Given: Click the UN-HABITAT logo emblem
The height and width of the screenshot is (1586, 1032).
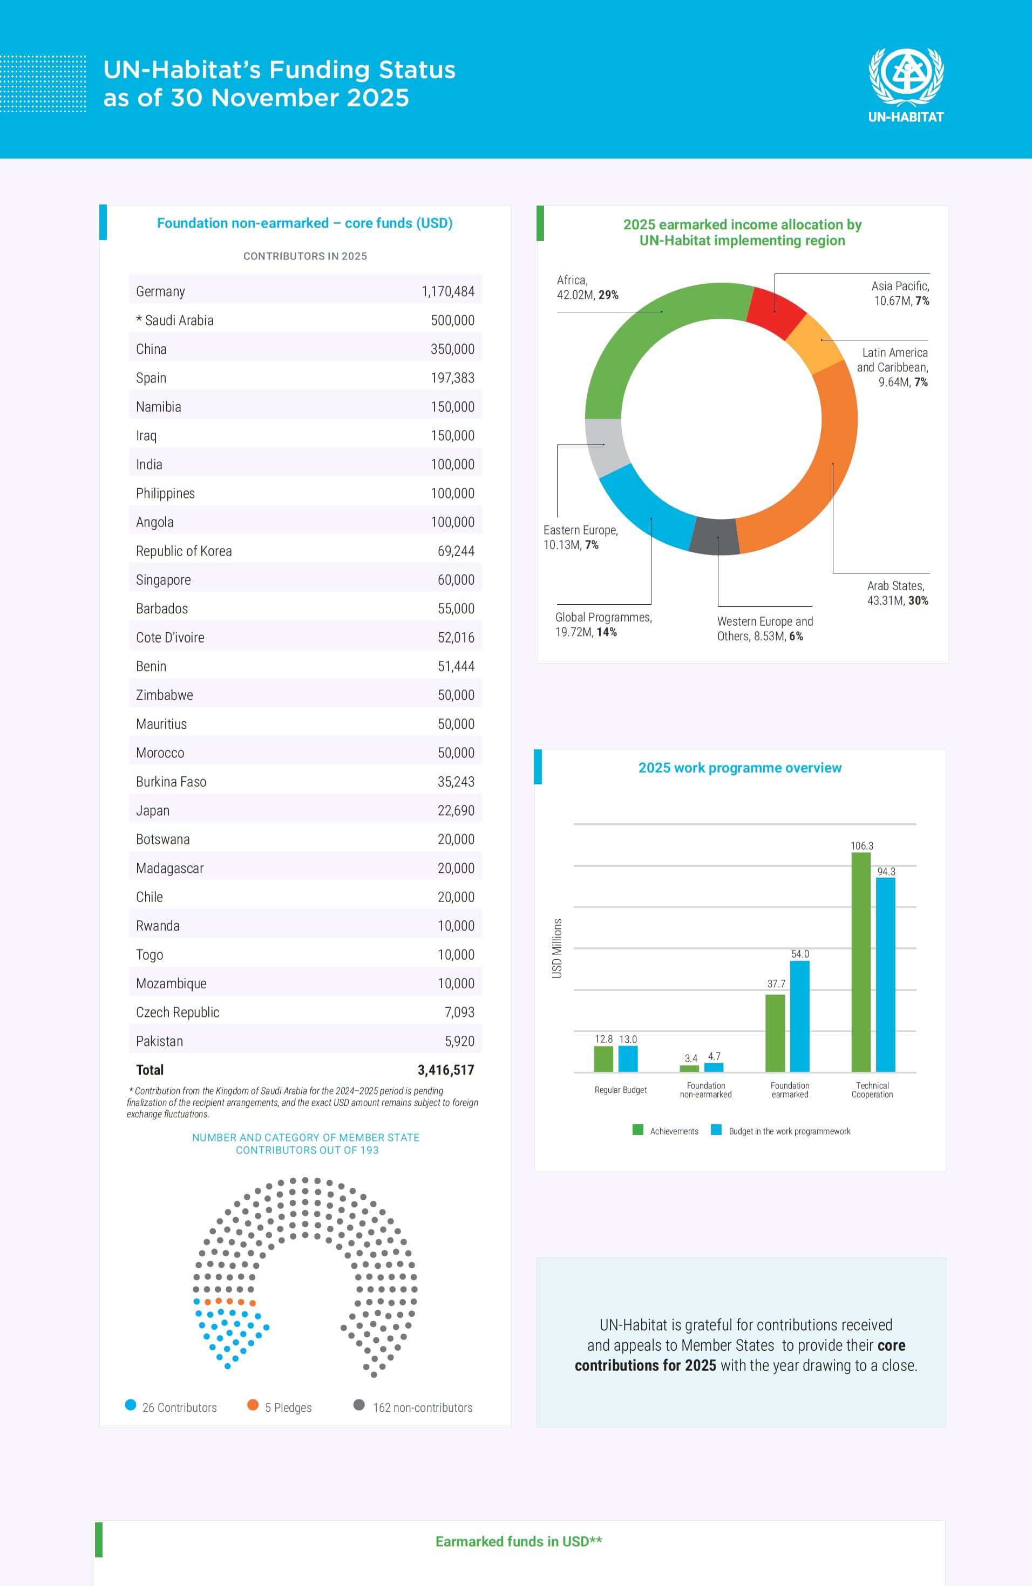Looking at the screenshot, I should coord(905,77).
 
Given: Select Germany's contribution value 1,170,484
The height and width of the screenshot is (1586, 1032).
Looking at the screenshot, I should coord(447,291).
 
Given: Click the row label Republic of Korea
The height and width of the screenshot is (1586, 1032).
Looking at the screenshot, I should coord(184,551).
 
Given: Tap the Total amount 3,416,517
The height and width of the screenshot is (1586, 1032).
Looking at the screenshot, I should coord(445,1070).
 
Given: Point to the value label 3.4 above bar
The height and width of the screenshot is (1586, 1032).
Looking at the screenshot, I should coord(691,1058).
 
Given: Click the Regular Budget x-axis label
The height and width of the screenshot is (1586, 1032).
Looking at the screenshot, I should coord(620,1090).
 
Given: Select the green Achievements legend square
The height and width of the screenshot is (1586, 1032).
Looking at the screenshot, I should coord(638,1130).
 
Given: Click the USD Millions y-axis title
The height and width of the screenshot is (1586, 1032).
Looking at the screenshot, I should coord(558,948).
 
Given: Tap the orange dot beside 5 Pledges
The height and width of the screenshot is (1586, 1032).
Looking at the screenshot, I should coord(253,1405).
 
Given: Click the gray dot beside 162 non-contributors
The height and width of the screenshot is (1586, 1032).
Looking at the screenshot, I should coord(359,1405).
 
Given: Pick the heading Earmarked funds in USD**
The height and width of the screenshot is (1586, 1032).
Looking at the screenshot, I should coord(518,1541).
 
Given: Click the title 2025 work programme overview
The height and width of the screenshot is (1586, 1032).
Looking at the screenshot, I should coord(739,768).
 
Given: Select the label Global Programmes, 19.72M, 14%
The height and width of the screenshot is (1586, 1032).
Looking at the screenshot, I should coord(603,624).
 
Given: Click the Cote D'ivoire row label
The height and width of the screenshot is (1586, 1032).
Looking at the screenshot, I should coord(170,638).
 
